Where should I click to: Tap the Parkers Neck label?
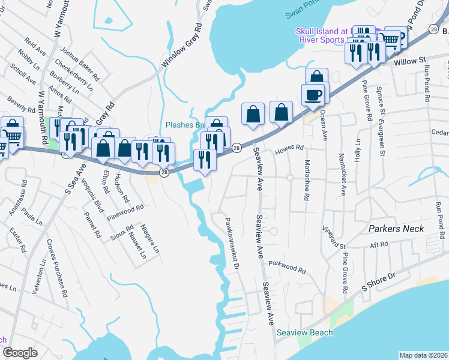[x=396, y=229]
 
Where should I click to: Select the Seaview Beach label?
[x=304, y=332]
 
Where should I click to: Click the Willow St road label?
[x=410, y=61]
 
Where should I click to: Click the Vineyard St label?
[x=334, y=238]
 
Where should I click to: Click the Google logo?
[x=20, y=352]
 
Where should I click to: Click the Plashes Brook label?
[x=186, y=125]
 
